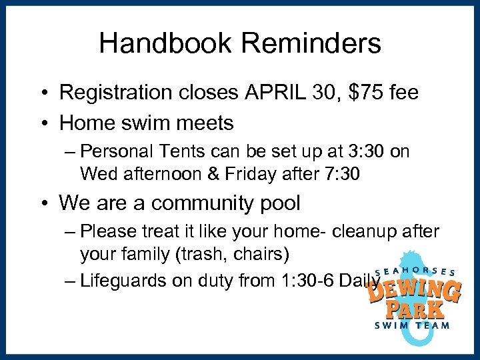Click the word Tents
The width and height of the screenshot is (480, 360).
[x=187, y=152]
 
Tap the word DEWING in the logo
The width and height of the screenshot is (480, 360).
[x=414, y=290]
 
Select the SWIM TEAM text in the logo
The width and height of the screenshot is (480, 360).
[x=412, y=325]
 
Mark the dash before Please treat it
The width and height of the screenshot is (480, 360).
[x=71, y=231]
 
